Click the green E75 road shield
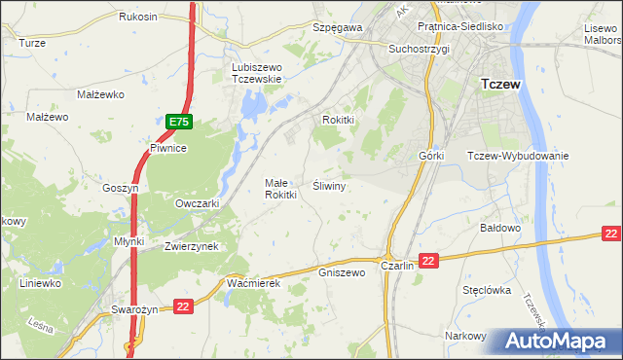178,122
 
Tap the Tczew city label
500,85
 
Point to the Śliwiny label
330,184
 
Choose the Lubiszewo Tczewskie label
256,73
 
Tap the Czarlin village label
398,266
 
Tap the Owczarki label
197,203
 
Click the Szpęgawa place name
338,28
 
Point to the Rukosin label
138,18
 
